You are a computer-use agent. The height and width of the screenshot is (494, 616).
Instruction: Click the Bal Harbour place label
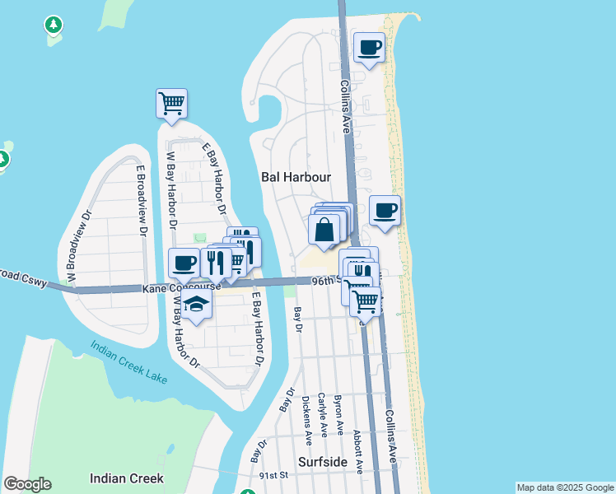(x=296, y=177)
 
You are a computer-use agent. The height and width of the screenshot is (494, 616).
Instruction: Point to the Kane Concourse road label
(x=181, y=287)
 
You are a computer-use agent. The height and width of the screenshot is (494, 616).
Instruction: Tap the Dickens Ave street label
(x=307, y=416)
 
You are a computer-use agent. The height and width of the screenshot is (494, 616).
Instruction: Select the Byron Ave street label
(x=338, y=416)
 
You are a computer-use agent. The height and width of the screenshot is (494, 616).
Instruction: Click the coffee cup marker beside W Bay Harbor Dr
(x=184, y=263)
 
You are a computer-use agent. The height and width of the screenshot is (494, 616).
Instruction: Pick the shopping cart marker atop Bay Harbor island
(x=171, y=104)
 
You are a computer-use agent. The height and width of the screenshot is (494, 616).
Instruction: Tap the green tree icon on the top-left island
(x=54, y=26)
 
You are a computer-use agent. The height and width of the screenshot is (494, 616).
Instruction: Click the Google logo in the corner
(x=27, y=484)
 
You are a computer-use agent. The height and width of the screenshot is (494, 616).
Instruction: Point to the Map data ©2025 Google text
(x=565, y=487)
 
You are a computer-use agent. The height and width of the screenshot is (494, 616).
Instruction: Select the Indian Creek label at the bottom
(x=126, y=478)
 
